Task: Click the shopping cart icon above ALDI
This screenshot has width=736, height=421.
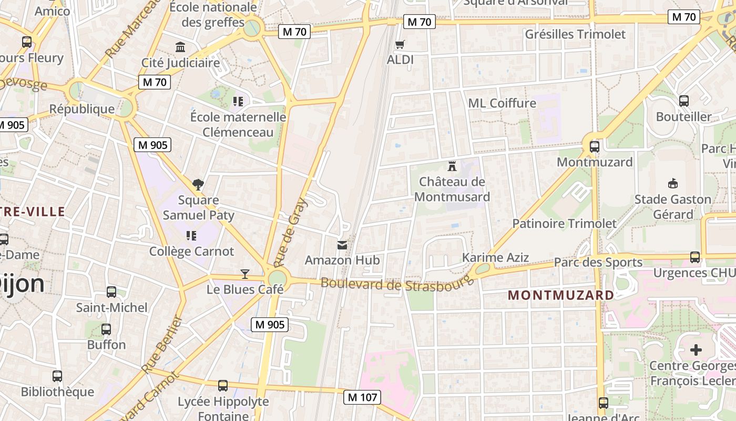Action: pos(400,45)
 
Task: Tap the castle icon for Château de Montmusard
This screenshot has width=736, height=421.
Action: pos(451,166)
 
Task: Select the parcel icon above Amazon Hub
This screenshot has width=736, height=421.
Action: pos(342,245)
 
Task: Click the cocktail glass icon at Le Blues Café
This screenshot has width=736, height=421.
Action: pos(245,274)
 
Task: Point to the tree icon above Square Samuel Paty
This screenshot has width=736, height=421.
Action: pos(198,184)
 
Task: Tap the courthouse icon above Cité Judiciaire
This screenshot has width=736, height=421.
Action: pos(180,47)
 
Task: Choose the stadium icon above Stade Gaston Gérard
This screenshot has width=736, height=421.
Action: pos(672,183)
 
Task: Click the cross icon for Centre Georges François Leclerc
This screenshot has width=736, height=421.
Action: pos(696,350)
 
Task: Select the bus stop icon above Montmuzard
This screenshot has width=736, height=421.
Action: pos(595,147)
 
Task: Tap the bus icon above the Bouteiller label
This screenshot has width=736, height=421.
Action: pos(684,101)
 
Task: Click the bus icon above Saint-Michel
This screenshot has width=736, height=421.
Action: pos(111,292)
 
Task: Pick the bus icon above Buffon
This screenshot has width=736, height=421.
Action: pos(106,329)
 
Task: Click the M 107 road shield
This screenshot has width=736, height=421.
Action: pos(362,397)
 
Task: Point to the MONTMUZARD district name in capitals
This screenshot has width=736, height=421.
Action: pos(561,295)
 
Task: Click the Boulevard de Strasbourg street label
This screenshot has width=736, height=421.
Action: pos(395,284)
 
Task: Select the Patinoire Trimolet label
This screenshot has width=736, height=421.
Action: pos(564,224)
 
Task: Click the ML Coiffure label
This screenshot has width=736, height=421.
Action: pos(502,103)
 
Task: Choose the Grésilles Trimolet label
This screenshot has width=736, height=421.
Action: pos(576,34)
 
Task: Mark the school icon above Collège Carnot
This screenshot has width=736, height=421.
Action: pos(191,236)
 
